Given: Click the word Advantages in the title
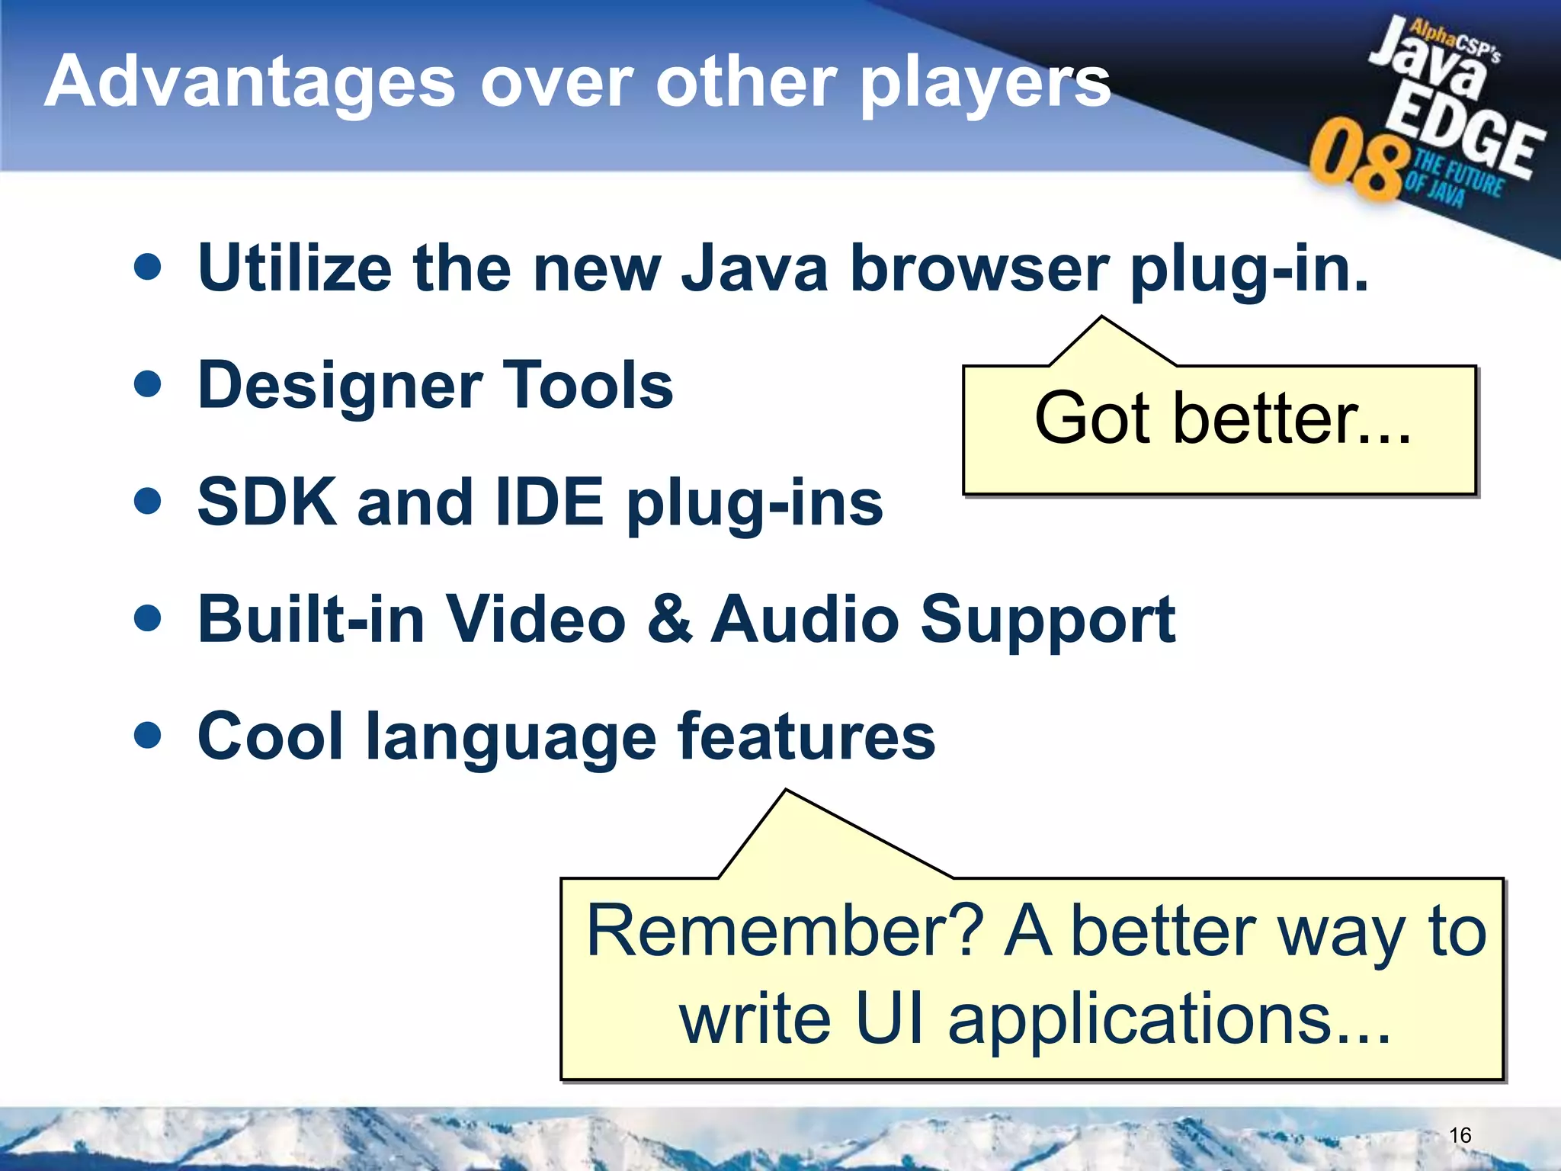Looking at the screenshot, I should (x=250, y=82).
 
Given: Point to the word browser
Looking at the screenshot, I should (x=979, y=268).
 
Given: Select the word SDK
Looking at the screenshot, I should (x=267, y=502).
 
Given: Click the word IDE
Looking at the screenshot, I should (x=549, y=502).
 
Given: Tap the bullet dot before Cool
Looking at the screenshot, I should (x=147, y=736).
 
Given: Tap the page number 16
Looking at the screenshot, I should (x=1459, y=1135).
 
